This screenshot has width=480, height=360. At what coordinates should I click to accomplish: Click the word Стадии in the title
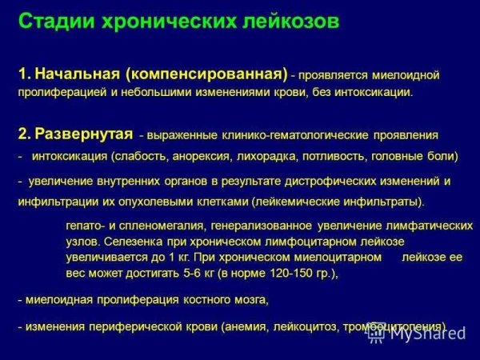click(x=51, y=22)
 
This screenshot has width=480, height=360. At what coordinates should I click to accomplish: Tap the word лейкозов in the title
click(x=282, y=22)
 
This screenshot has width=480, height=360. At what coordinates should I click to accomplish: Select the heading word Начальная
click(x=76, y=75)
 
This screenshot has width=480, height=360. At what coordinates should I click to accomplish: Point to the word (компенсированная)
click(x=206, y=75)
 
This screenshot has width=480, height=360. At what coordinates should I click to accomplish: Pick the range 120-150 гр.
click(x=297, y=273)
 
